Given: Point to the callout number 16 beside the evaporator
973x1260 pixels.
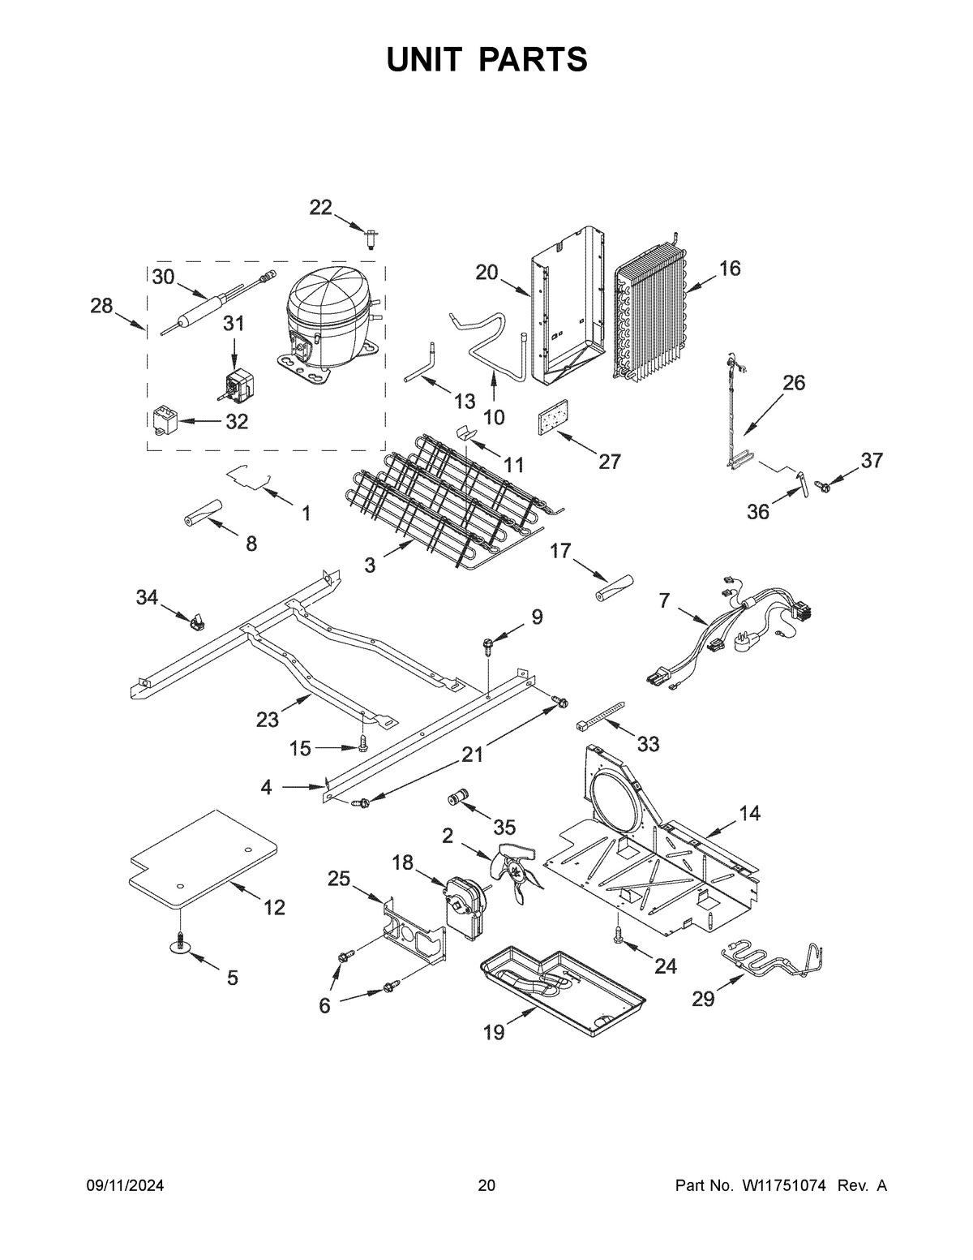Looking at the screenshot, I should (729, 269).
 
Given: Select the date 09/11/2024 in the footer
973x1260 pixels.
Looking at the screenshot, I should (125, 1186).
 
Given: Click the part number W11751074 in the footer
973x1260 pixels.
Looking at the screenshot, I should (783, 1186).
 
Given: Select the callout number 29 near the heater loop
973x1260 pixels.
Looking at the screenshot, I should (703, 999).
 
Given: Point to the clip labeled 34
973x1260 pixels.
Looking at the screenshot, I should (195, 623).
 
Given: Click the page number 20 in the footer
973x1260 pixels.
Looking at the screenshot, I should (486, 1186).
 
